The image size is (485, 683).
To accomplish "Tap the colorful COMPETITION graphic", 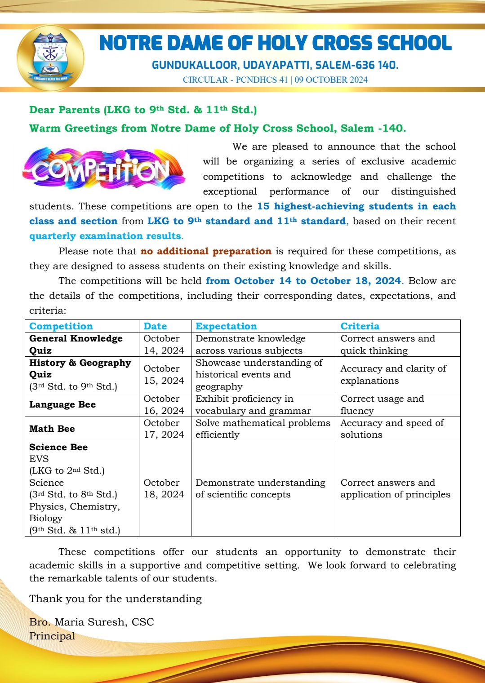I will pos(103,169).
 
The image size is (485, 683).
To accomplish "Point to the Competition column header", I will pos(61,326).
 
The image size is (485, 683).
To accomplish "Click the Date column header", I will pos(155,326).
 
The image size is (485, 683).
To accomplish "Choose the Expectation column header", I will pos(226,326).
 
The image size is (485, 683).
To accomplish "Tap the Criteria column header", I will pos(360,326).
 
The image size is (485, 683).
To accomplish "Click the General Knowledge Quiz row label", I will pos(76,344).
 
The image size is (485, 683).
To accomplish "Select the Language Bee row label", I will pos(62,404).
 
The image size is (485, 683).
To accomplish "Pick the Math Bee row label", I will pos(52,429).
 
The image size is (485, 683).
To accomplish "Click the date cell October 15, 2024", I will pos(164,374).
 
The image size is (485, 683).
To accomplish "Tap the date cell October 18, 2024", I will pos(164,488).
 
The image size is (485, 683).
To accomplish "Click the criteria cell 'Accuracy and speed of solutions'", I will pos(392,429).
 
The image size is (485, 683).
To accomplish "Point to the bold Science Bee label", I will pos(58,447).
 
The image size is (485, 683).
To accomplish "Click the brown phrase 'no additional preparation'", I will pos(206,251).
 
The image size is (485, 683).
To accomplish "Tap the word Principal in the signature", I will pos(52,636).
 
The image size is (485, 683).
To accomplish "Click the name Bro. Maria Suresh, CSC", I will pos(92,622).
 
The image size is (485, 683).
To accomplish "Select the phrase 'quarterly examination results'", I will pos(106,236).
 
